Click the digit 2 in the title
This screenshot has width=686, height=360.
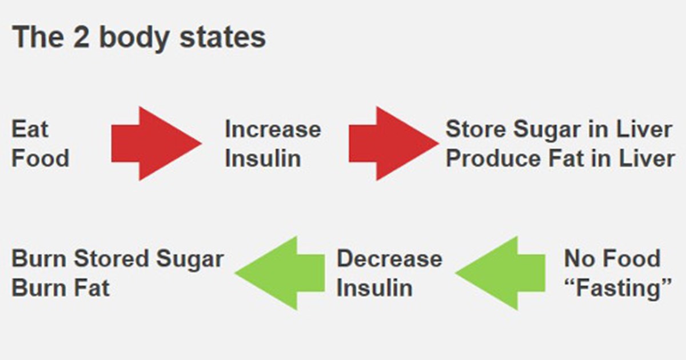coord(81,37)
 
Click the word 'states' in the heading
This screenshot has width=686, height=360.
coord(222,37)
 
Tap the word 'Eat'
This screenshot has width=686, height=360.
coord(30,129)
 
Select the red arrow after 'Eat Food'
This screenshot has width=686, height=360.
coord(156,143)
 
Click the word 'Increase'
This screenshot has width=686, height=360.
coord(273,129)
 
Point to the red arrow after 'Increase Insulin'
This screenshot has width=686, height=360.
coord(394,143)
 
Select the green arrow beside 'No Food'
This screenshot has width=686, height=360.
coord(500,273)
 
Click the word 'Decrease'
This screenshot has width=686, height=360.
coord(389,259)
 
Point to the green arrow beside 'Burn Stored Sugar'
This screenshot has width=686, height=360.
coord(280,273)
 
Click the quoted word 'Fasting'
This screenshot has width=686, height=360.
coord(618,289)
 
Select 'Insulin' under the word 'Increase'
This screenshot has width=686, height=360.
coord(263,159)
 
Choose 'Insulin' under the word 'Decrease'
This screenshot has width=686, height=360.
coord(374,288)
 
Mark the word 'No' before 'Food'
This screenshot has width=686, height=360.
coord(577,259)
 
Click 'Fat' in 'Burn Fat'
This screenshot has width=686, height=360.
coord(91,288)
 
